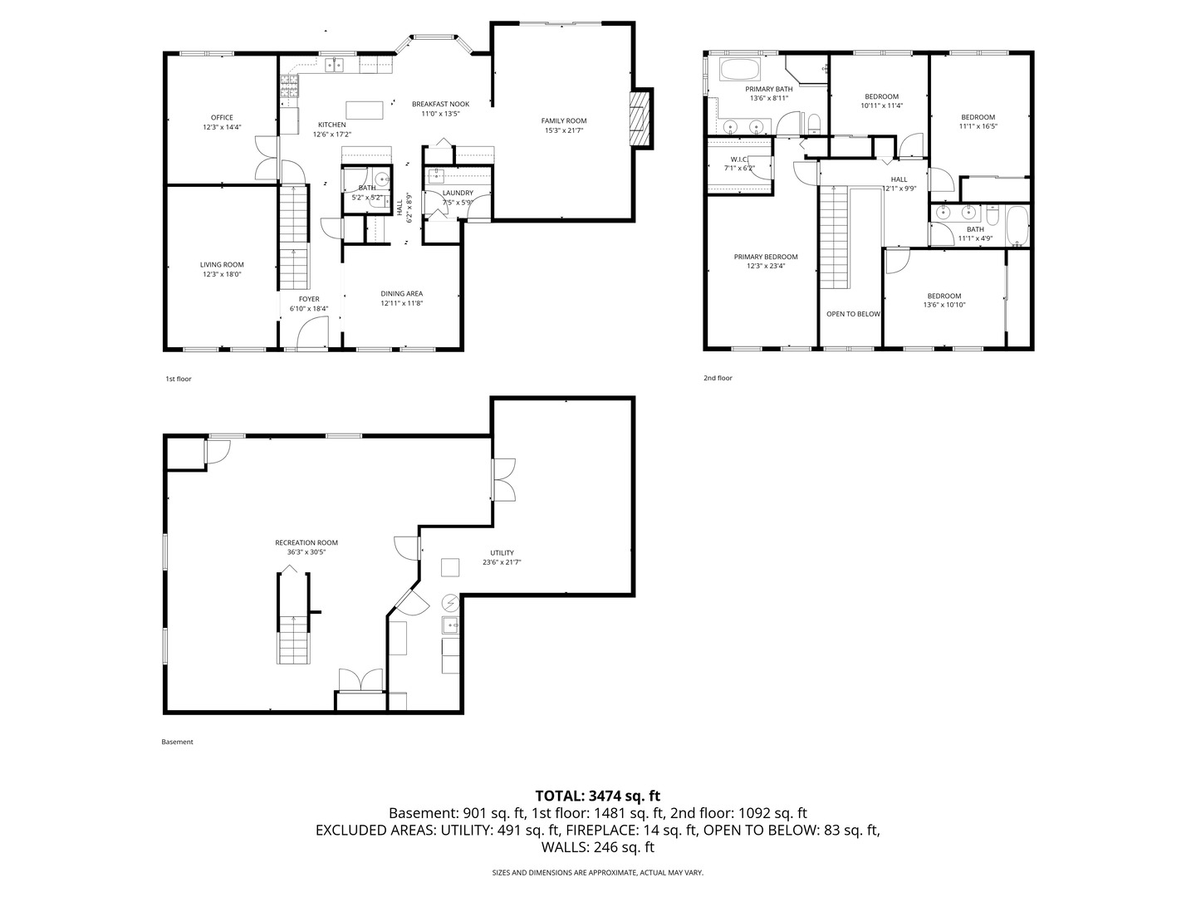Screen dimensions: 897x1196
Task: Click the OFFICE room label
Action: [x=222, y=117]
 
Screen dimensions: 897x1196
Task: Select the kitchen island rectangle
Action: [x=365, y=110]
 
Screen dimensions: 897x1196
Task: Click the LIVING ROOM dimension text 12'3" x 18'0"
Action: [x=222, y=274]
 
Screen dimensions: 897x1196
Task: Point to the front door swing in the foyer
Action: [x=312, y=333]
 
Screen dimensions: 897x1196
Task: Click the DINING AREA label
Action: [x=402, y=293]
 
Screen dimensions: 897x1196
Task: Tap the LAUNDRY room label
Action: [x=458, y=193]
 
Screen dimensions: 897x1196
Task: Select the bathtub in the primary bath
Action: [x=739, y=69]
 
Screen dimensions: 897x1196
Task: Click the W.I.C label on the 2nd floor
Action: [x=739, y=159]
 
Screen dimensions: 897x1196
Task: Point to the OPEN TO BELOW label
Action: [x=853, y=314]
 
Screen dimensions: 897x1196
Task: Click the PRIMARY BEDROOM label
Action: [x=766, y=257]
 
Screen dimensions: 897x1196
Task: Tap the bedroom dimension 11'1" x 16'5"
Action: [x=978, y=126]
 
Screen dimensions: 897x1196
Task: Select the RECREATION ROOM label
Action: [x=306, y=542]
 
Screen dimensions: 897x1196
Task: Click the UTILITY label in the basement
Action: [x=502, y=552]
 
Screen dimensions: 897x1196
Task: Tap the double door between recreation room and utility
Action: [x=503, y=479]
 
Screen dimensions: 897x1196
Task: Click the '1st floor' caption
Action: [x=179, y=379]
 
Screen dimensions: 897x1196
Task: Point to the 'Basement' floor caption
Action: [x=177, y=742]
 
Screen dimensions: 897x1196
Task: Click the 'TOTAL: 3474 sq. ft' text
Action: [x=597, y=796]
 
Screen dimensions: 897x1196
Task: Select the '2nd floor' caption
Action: [x=718, y=378]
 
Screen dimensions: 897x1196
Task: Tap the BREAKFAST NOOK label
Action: [x=440, y=104]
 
